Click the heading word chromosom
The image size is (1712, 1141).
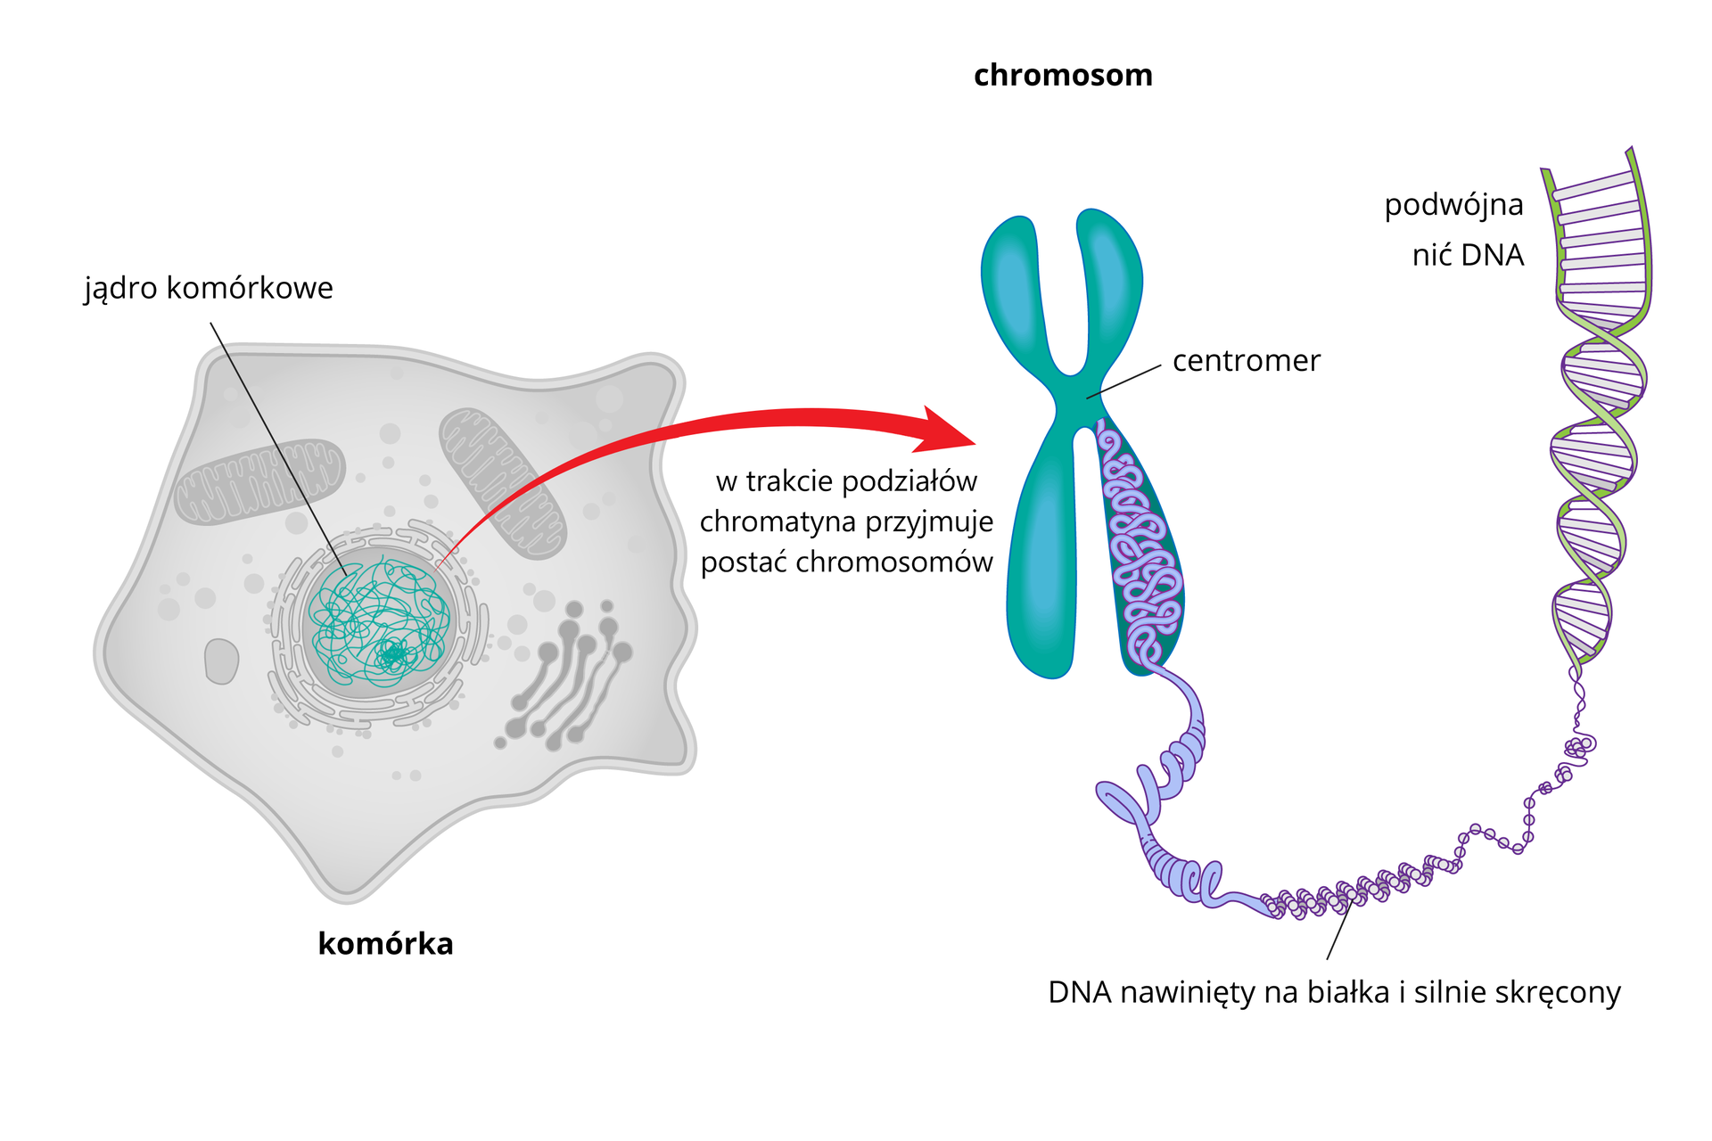pyautogui.click(x=1063, y=76)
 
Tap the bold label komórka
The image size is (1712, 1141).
pyautogui.click(x=385, y=944)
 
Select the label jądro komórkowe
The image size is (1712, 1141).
pyautogui.click(x=209, y=289)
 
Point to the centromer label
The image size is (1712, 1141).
pyautogui.click(x=1246, y=361)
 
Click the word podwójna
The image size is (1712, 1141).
pyautogui.click(x=1453, y=205)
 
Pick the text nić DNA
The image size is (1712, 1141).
pyautogui.click(x=1468, y=256)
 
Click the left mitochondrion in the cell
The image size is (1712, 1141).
pyautogui.click(x=259, y=481)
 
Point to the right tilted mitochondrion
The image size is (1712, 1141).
pyautogui.click(x=502, y=482)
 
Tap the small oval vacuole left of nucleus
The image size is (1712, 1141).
pyautogui.click(x=221, y=661)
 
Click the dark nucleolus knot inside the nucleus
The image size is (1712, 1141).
pyautogui.click(x=391, y=656)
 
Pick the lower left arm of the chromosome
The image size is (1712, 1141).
pyautogui.click(x=1041, y=570)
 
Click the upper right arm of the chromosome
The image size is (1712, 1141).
pyautogui.click(x=1110, y=281)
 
